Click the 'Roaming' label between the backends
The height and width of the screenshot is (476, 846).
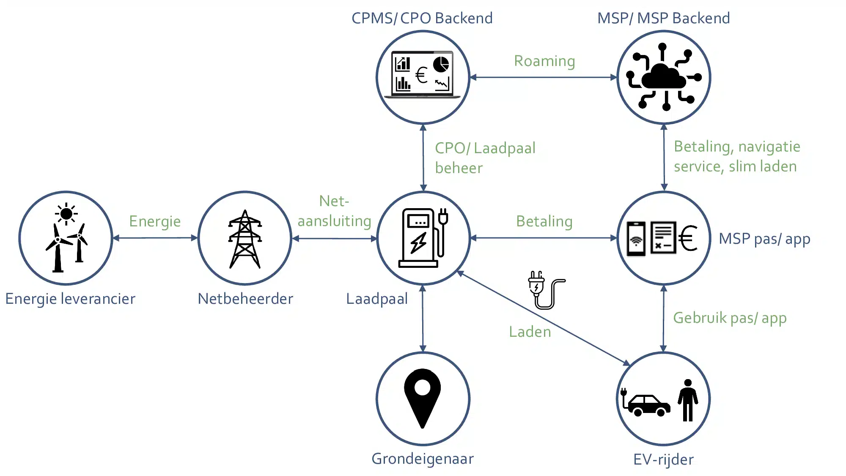click(x=544, y=61)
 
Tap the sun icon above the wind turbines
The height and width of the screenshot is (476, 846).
click(x=66, y=214)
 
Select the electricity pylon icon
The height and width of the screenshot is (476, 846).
click(x=245, y=239)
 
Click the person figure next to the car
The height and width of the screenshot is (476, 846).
click(x=688, y=400)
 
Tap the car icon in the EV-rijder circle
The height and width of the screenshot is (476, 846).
click(x=647, y=405)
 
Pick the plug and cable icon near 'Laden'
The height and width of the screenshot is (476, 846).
click(x=544, y=290)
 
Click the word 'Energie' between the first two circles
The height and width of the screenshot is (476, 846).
click(x=155, y=221)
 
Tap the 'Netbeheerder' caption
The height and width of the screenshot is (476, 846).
click(x=245, y=299)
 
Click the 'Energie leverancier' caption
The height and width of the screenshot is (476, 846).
click(x=70, y=299)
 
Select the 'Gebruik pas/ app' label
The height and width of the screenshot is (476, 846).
click(x=730, y=318)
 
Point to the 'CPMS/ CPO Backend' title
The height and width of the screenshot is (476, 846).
click(x=422, y=18)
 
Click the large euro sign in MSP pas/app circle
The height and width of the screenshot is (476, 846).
click(x=688, y=238)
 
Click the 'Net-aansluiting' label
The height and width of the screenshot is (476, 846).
click(x=334, y=211)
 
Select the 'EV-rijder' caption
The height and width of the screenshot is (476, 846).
click(x=663, y=459)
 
